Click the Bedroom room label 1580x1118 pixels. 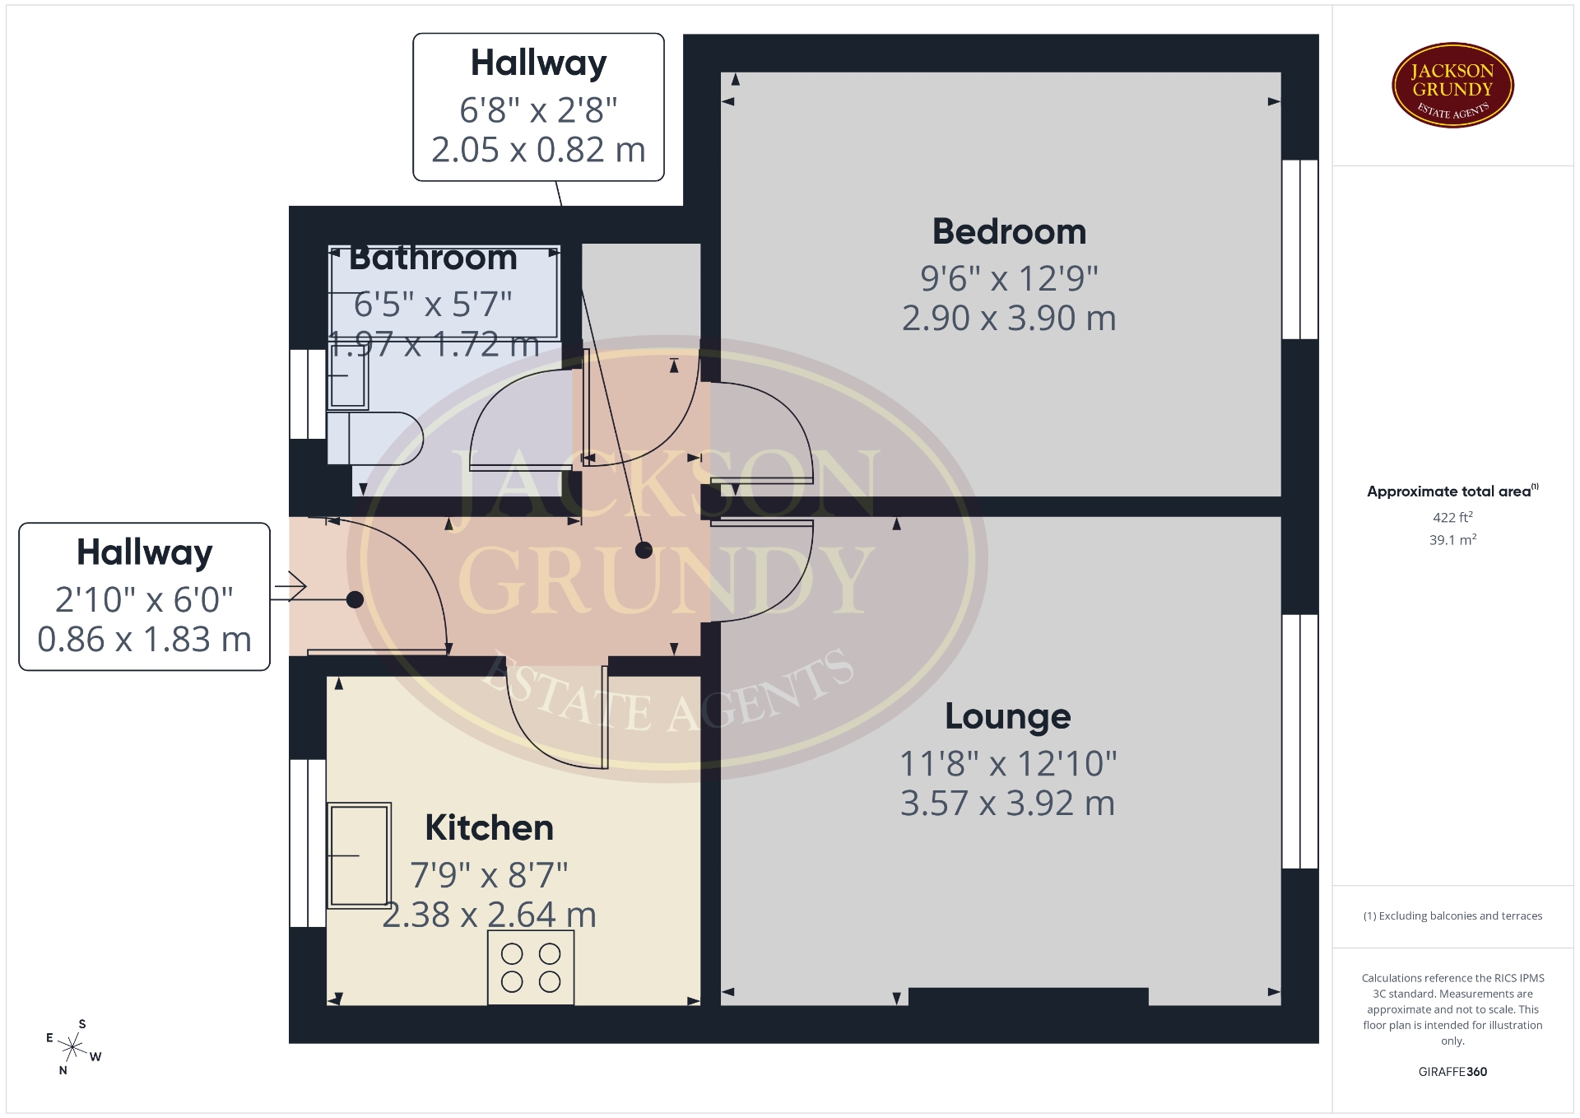point(1009,232)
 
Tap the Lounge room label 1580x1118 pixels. point(1008,716)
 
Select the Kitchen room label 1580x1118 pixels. point(489,827)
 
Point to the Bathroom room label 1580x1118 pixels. point(433,258)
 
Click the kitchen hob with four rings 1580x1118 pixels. point(531,967)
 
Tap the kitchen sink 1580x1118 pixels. point(359,855)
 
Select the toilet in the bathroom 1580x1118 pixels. point(374,439)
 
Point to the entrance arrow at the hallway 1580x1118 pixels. point(291,587)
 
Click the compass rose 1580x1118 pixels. point(73,1047)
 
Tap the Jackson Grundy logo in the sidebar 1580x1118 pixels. point(1452,86)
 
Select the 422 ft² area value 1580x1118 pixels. point(1452,517)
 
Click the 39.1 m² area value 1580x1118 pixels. point(1452,539)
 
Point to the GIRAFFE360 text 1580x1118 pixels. point(1452,1071)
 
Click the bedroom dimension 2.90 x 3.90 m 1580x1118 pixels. point(1009,318)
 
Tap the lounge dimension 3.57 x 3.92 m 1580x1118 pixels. point(1008,803)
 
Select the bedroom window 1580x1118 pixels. point(1300,249)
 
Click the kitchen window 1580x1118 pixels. point(308,843)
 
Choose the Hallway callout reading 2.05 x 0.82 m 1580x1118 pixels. point(538,107)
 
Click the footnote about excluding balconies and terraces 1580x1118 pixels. point(1452,915)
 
